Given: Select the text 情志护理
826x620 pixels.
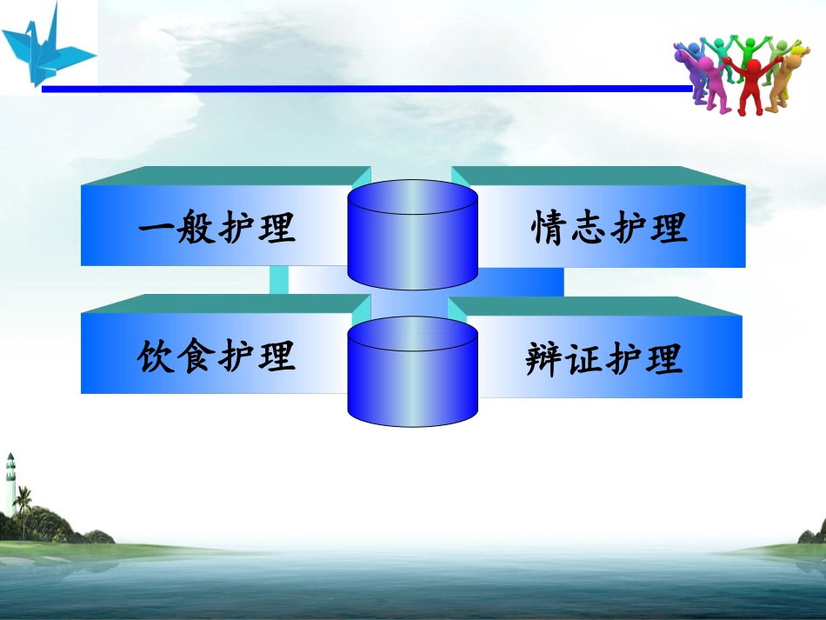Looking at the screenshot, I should pyautogui.click(x=610, y=229).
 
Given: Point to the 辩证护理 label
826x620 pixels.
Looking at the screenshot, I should pyautogui.click(x=605, y=358).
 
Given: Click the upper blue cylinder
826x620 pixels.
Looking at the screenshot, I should pyautogui.click(x=412, y=235).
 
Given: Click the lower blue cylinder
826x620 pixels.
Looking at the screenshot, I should pyautogui.click(x=412, y=372).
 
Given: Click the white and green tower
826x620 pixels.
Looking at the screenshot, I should pyautogui.click(x=10, y=487).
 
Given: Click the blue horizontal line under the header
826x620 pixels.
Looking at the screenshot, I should pyautogui.click(x=365, y=89).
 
